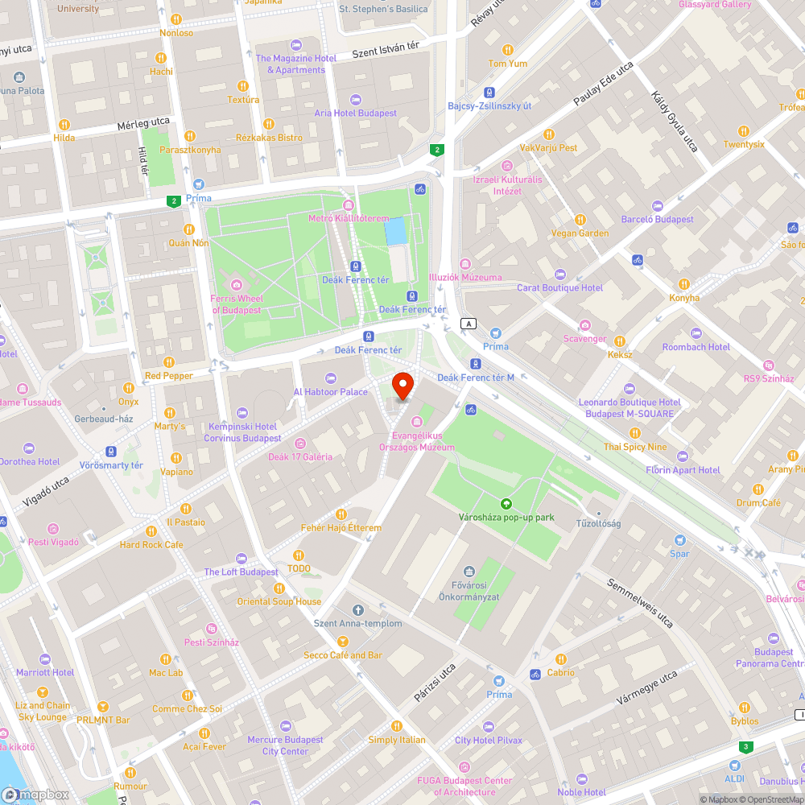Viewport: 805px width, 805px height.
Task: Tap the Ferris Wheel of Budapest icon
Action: tap(236, 284)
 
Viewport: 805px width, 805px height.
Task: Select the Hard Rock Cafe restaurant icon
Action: tap(151, 531)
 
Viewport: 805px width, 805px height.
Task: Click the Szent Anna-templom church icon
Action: tap(358, 609)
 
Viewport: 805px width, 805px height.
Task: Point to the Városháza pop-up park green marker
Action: tap(506, 503)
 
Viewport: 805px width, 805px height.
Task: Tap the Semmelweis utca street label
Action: tap(640, 603)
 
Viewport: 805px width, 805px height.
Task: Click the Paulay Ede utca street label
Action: tap(604, 85)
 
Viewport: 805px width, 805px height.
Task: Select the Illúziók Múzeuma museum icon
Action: tap(465, 264)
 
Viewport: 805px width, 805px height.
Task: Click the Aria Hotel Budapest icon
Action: tap(356, 100)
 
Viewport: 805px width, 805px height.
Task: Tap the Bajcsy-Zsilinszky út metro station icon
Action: tap(489, 93)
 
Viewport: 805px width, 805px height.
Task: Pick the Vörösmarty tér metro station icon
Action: tap(110, 452)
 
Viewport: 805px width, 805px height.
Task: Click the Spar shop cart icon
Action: tap(680, 540)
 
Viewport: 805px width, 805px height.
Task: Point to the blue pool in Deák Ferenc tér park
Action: tap(395, 232)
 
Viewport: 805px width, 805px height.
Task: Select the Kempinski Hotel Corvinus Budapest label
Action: tap(242, 432)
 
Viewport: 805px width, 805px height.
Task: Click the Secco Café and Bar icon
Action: tap(343, 642)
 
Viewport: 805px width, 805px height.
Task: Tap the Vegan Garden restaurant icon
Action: tap(580, 220)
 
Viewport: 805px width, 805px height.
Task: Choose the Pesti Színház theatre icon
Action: tap(212, 629)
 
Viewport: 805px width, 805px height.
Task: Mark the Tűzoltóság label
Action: tap(597, 523)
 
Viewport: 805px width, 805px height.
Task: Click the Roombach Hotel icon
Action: tap(696, 333)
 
